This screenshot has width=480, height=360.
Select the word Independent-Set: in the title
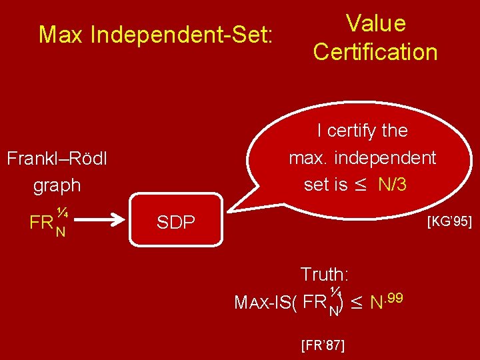tap(181, 35)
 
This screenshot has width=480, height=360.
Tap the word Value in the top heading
tap(375, 23)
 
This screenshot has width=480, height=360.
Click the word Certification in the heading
tap(375, 52)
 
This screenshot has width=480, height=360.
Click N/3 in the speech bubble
tap(392, 185)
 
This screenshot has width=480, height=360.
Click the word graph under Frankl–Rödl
tap(57, 185)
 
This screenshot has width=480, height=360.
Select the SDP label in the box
tap(175, 223)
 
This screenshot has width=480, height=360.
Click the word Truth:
tap(325, 274)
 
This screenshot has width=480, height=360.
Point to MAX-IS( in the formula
tap(265, 303)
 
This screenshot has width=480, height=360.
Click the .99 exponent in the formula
tap(393, 297)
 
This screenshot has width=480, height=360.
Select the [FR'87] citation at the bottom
tap(323, 345)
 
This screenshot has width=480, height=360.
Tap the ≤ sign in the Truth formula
tap(356, 303)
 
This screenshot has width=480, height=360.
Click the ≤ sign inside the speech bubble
tap(361, 185)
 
